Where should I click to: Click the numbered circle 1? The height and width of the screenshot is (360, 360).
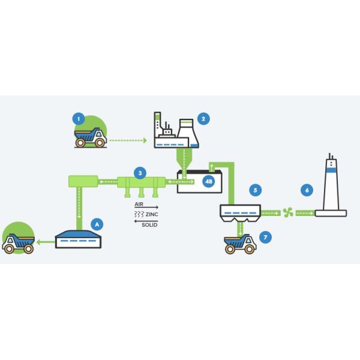click(x=78, y=119)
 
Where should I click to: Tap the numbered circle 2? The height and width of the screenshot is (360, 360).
click(x=203, y=119)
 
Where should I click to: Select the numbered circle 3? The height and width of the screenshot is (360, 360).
click(x=139, y=173)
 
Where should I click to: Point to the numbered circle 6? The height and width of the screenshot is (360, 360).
click(x=307, y=190)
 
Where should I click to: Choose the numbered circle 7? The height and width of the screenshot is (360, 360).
click(x=266, y=237)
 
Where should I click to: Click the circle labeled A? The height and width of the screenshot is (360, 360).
click(x=95, y=224)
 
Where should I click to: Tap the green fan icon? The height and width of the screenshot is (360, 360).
click(x=288, y=212)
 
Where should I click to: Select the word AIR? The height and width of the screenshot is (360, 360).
click(x=139, y=205)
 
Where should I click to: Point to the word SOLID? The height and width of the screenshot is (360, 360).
click(x=150, y=224)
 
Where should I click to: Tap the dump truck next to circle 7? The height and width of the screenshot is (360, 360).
click(x=240, y=244)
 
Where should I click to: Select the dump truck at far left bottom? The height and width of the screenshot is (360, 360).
click(x=17, y=243)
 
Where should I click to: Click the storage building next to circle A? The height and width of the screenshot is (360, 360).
click(x=81, y=239)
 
